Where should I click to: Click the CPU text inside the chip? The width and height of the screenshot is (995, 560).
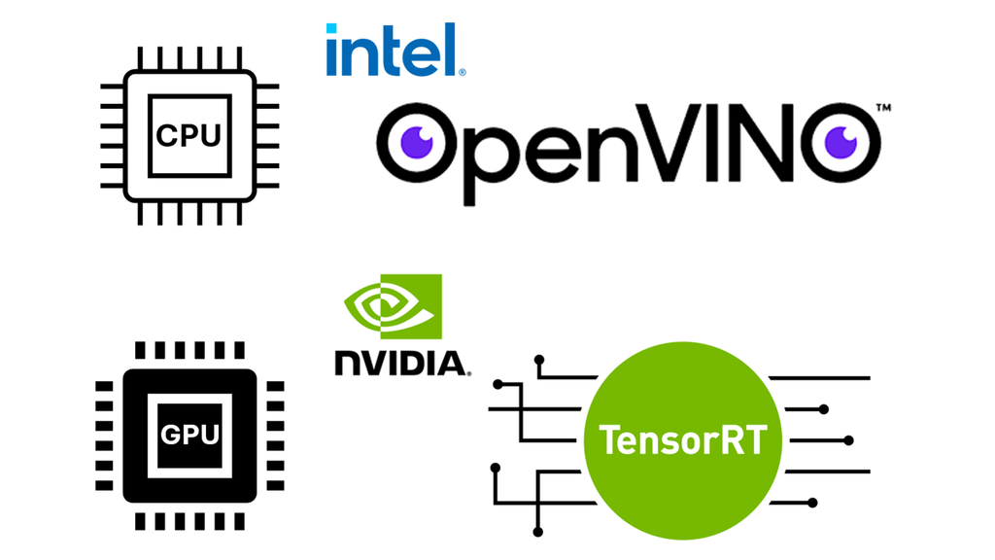189,135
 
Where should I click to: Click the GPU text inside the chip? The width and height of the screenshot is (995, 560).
189,435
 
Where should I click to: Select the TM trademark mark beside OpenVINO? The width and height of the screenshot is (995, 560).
883,109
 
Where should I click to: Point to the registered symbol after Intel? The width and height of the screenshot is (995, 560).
462,71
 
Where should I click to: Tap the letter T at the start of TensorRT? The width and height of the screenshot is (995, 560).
609,440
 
